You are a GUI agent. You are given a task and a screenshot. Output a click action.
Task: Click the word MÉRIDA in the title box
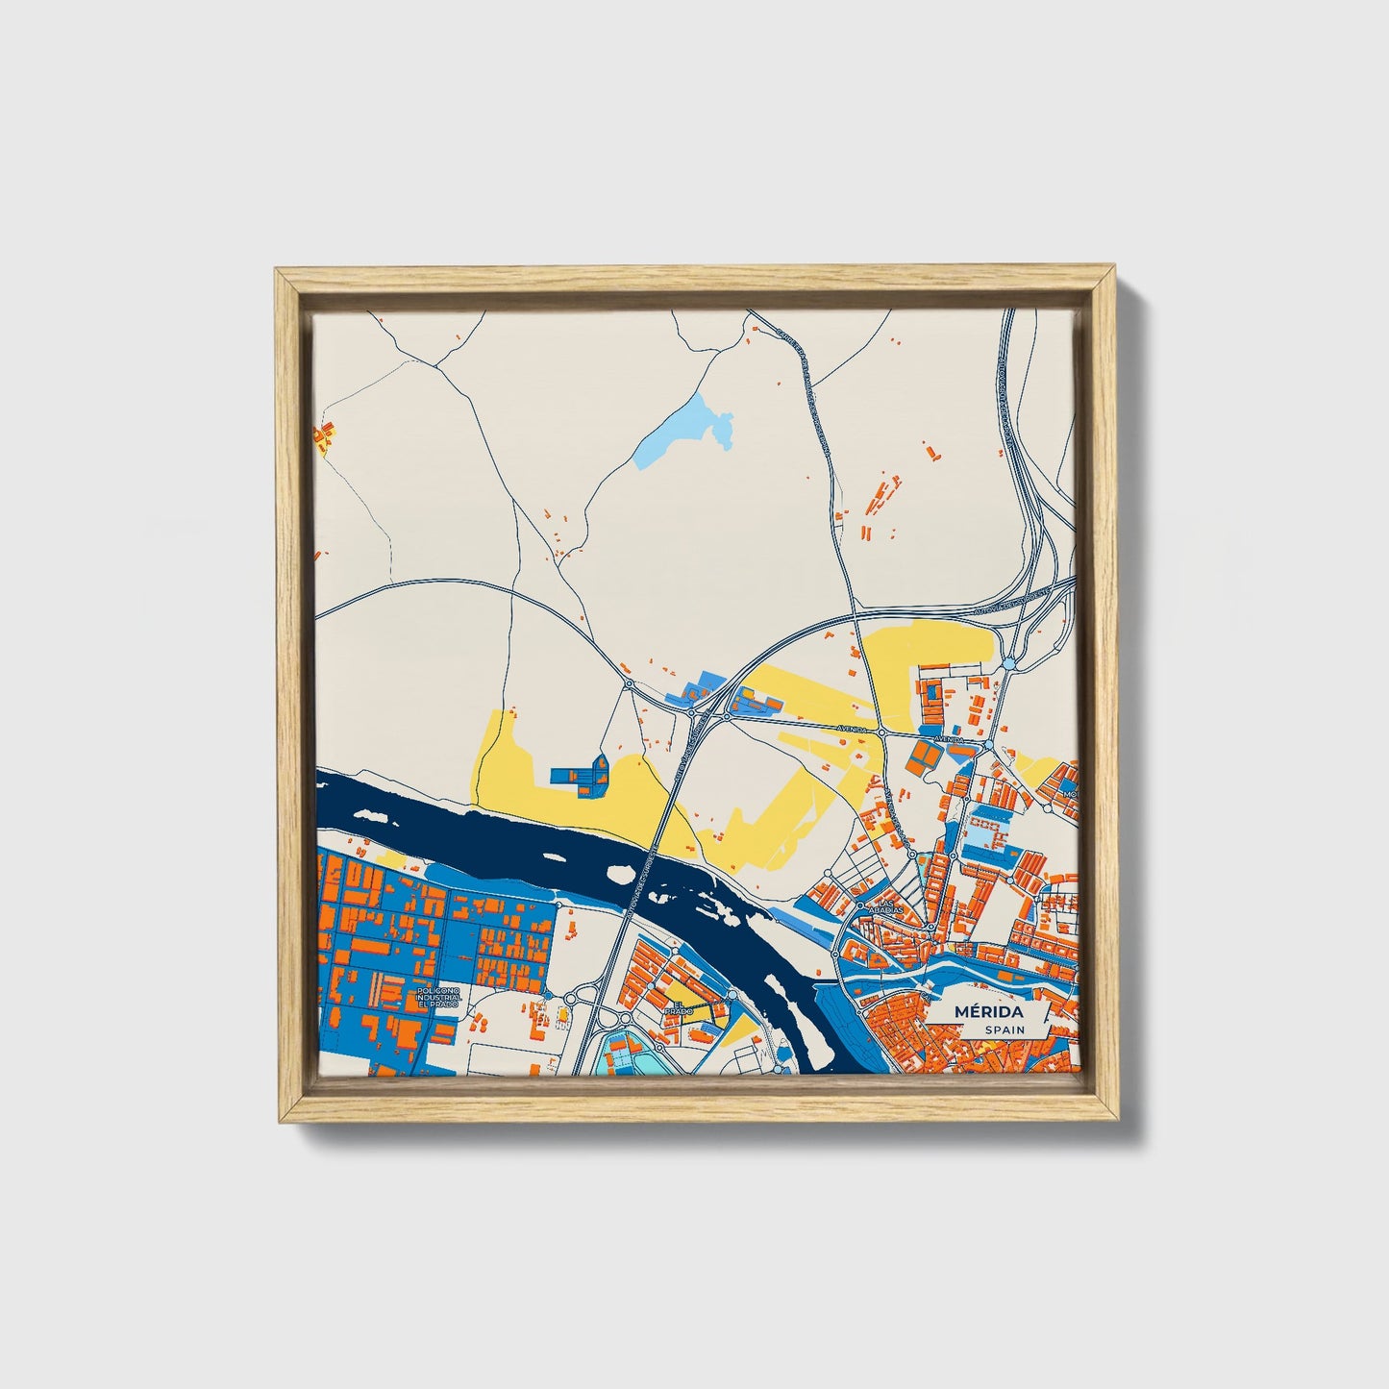point(988,1012)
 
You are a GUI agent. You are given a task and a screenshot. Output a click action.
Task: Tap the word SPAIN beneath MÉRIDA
point(1004,1029)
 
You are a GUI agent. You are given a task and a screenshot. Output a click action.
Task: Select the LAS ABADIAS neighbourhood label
point(885,908)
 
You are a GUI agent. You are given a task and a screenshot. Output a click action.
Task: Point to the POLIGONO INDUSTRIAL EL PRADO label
point(440,997)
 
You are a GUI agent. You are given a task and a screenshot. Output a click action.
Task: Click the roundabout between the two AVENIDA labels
point(881,732)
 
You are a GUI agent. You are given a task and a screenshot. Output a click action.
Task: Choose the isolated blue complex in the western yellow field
point(581,777)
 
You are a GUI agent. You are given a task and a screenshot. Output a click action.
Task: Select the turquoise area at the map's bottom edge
point(620,1057)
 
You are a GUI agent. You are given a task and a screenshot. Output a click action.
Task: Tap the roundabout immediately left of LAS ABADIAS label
point(860,905)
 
